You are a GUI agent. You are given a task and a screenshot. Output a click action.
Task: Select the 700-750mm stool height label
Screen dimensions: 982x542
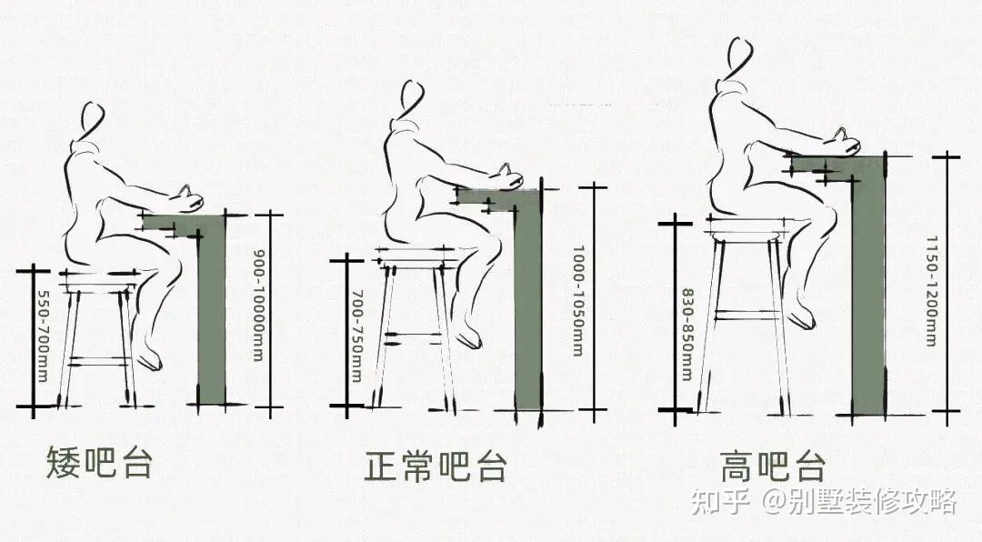(356, 323)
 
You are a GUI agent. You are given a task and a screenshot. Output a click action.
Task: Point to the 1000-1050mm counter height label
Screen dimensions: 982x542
(578, 300)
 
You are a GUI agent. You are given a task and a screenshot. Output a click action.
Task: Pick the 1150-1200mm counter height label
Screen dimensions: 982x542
(932, 291)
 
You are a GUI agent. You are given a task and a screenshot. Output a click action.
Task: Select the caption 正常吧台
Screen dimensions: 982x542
(435, 466)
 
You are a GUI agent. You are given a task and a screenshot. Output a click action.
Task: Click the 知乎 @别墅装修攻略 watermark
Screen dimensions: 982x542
(824, 501)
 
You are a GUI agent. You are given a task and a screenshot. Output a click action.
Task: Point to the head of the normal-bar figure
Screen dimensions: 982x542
(413, 96)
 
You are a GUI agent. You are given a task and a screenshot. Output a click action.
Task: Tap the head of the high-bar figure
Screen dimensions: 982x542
(739, 57)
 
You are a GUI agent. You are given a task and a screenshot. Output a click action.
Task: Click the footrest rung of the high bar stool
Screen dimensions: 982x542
(747, 315)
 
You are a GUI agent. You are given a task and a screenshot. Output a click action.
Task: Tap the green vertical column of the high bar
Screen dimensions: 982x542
(868, 291)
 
